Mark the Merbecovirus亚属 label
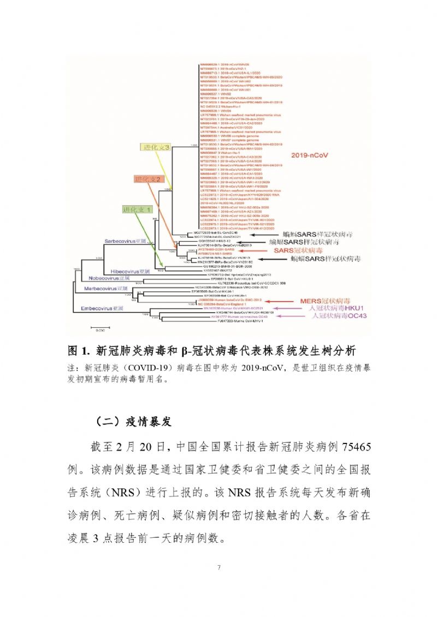105,288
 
